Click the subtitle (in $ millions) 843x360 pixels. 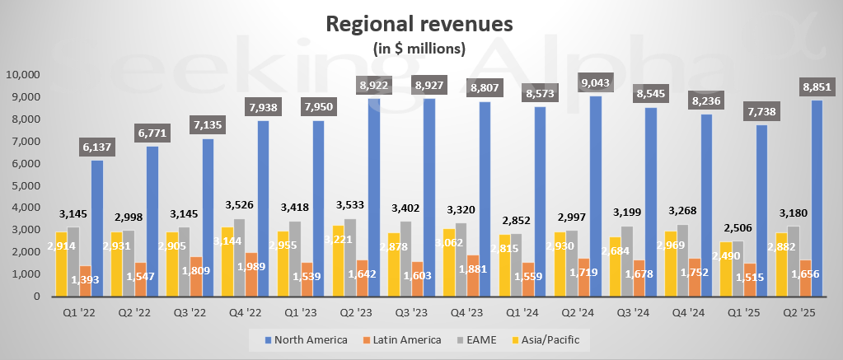tap(419, 48)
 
